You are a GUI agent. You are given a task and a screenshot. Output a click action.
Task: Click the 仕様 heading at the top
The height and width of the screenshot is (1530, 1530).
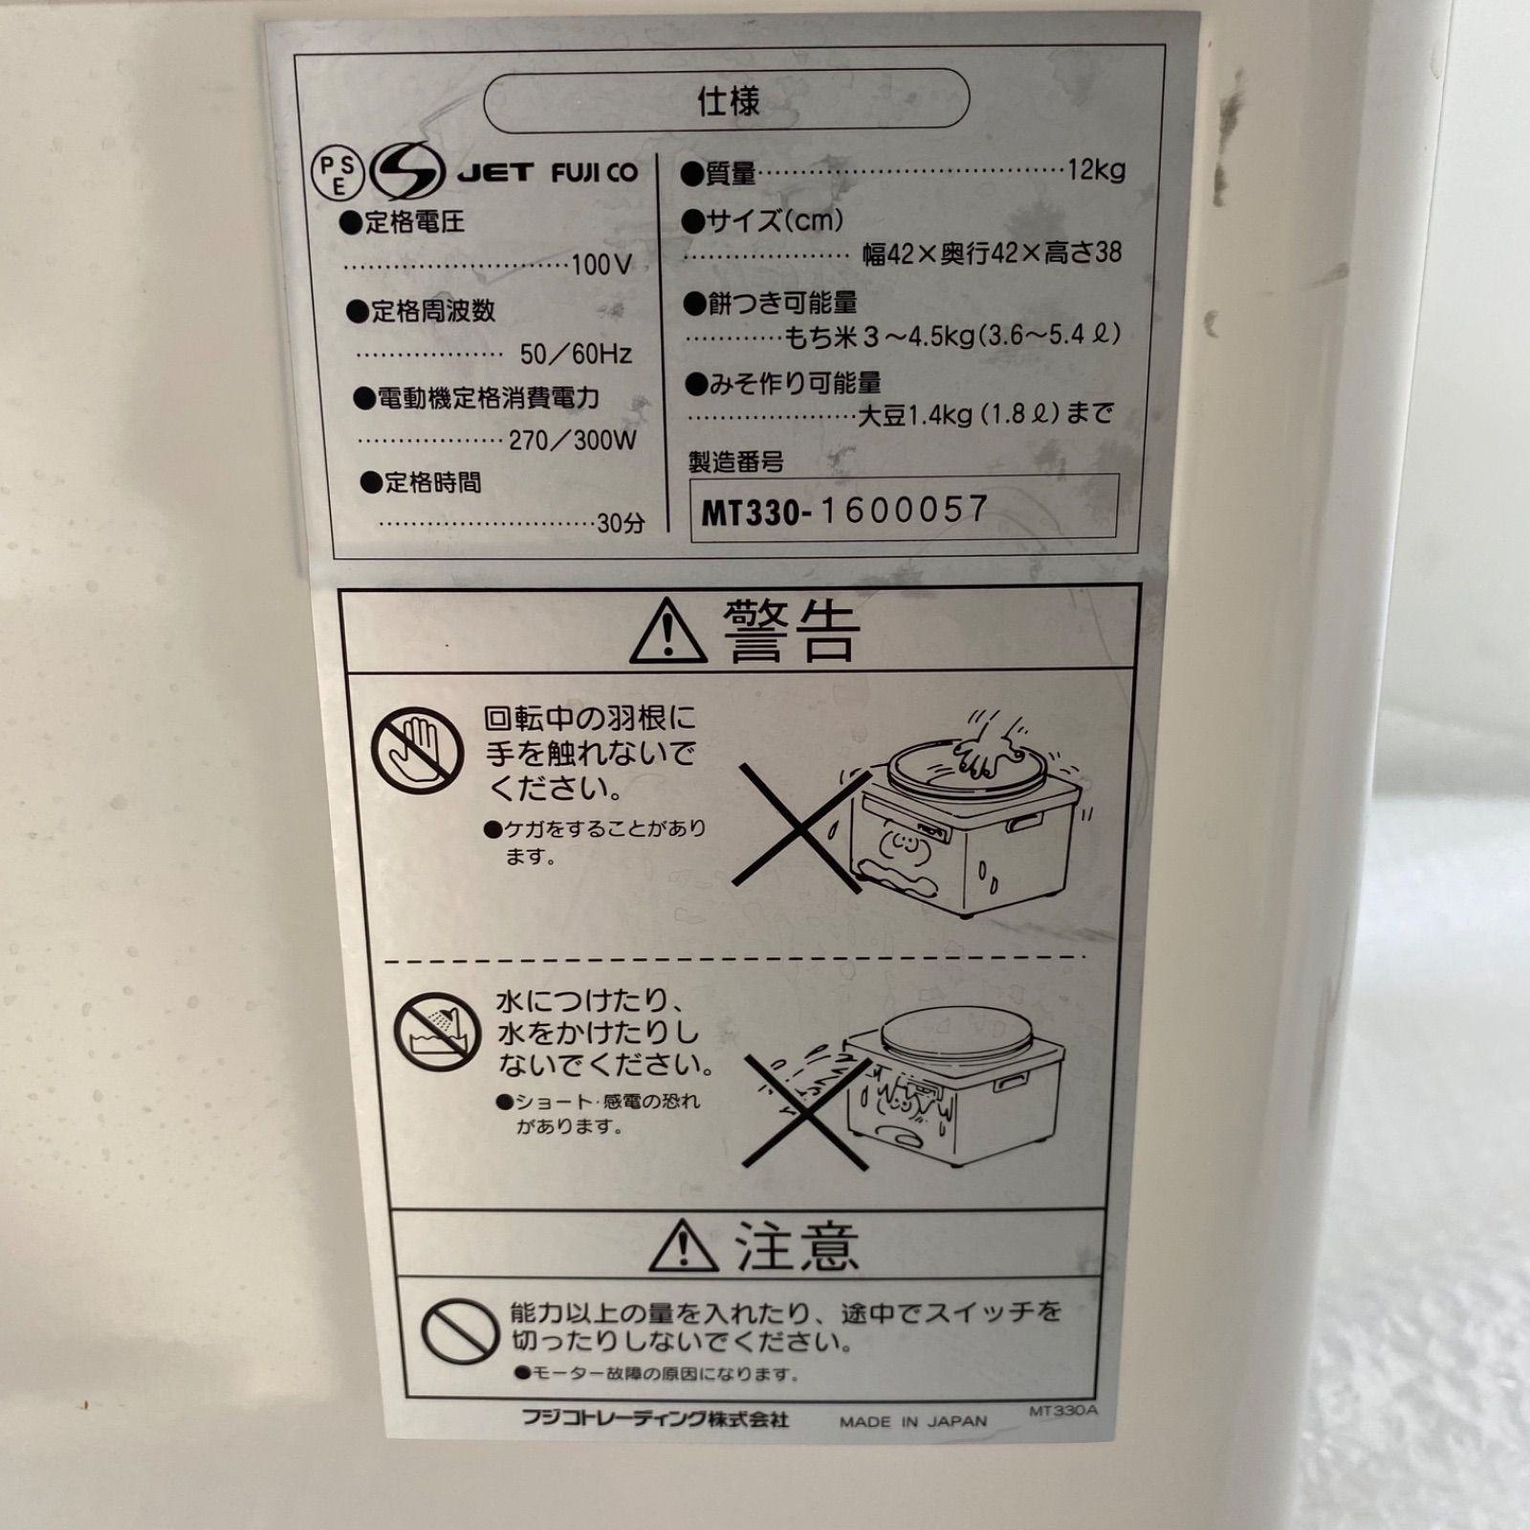[x=728, y=99]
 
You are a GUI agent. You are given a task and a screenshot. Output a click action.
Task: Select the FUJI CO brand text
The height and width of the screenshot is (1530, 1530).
[x=594, y=173]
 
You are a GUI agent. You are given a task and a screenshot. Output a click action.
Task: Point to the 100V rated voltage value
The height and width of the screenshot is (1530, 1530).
[x=601, y=265]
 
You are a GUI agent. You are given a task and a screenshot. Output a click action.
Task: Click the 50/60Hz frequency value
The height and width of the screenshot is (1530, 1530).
[x=576, y=354]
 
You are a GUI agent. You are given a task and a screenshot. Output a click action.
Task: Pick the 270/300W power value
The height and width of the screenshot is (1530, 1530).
[x=572, y=440]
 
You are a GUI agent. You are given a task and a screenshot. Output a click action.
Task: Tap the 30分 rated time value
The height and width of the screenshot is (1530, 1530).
[x=621, y=523]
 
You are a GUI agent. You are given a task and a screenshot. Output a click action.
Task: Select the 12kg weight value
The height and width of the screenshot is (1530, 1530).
[x=1096, y=170]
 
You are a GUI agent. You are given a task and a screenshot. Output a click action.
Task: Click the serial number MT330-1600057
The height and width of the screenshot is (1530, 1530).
[x=844, y=511]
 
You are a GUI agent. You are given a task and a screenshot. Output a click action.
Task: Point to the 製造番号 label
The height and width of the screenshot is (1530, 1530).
[x=735, y=462]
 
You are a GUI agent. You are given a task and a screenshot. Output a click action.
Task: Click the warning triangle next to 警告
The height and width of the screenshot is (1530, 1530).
[x=668, y=632]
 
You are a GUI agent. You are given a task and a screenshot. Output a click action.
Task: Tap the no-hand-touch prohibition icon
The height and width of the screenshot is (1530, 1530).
[x=417, y=751]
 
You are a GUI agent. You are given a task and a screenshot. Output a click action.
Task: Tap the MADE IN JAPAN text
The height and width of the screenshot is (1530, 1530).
[x=912, y=1421]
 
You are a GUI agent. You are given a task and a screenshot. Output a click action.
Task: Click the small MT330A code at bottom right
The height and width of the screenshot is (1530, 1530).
[x=1063, y=1410]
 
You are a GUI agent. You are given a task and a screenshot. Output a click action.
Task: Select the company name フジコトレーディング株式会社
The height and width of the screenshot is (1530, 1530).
[x=655, y=1418]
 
